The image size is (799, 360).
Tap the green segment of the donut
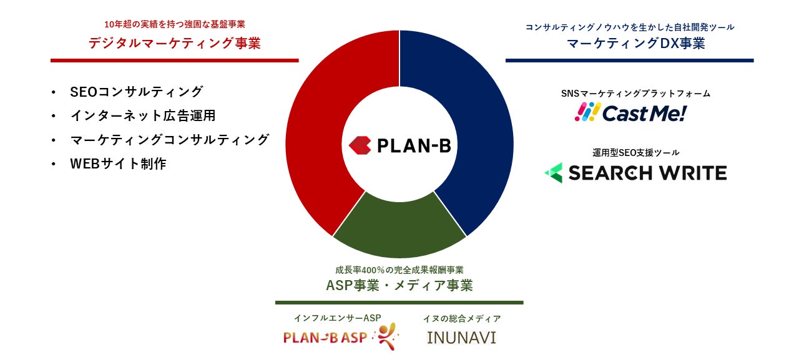coord(399,228)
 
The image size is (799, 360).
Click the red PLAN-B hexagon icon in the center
coord(360,145)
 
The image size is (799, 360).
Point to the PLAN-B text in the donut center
coord(414,145)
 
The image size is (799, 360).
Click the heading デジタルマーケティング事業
coord(174,43)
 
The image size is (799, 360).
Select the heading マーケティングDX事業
coord(636,43)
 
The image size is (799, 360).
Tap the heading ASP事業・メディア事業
coord(399,285)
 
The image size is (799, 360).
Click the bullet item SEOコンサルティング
coord(137,92)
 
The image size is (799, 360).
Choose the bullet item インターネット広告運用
coord(143,115)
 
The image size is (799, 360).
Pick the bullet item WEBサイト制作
coord(118,163)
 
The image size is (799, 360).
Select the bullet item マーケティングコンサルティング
coord(169,140)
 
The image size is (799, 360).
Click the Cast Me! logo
coord(630,113)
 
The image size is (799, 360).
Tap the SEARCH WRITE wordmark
coord(647,173)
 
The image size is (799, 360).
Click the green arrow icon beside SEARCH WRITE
coord(554,173)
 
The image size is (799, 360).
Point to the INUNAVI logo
coord(461,338)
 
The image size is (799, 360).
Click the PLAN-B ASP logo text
coord(325,337)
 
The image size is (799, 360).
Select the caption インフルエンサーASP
coord(338,318)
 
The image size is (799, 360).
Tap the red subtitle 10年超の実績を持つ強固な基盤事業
coord(175,24)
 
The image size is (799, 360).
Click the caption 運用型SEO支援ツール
coord(636,153)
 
